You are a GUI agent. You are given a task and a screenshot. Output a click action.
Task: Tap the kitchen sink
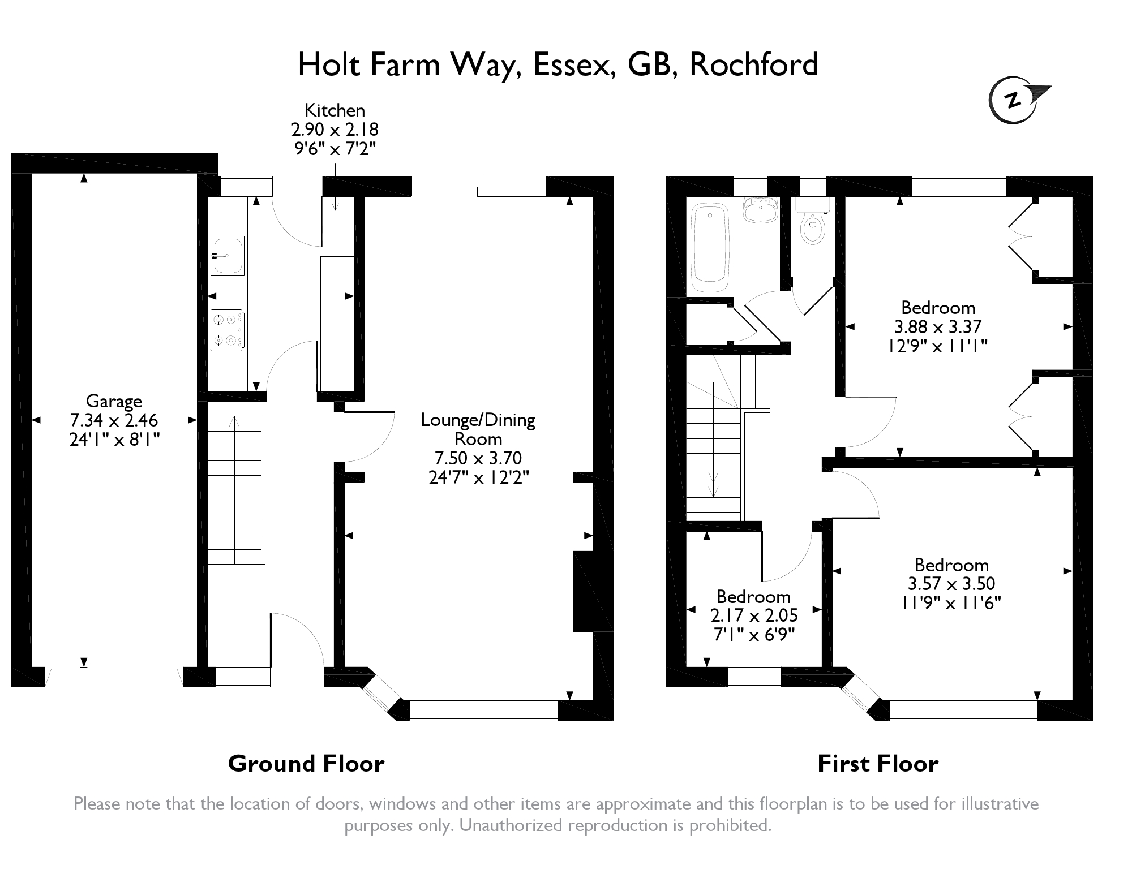228,256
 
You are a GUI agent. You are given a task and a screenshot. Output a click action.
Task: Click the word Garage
114,401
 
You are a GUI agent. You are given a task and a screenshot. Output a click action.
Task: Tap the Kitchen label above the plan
335,110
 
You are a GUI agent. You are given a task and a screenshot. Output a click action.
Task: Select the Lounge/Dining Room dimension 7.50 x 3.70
478,458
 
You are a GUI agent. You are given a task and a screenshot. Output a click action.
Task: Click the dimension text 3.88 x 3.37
937,326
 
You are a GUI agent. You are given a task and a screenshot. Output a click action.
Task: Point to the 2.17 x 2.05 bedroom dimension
754,615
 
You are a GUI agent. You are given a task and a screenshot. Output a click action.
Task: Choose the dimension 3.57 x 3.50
951,583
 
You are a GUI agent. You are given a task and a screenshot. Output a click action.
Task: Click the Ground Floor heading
306,764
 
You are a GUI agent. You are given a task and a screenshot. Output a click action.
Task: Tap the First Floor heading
878,764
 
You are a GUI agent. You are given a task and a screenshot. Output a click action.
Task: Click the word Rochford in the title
754,64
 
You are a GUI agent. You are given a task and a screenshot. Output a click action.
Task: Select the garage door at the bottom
114,677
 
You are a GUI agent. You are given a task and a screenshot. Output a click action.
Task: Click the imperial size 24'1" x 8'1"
114,440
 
